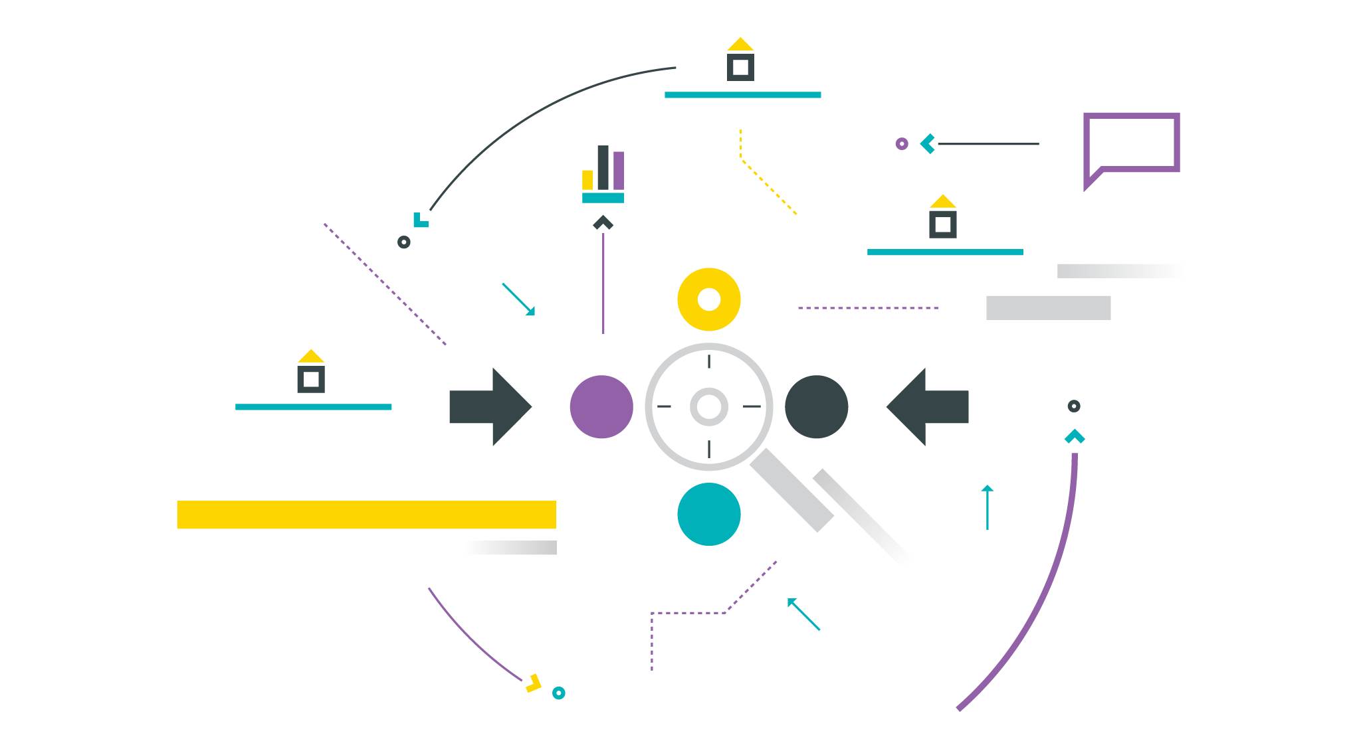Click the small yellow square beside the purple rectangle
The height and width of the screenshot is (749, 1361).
pyautogui.click(x=589, y=179)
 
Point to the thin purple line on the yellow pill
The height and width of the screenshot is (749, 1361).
pyautogui.click(x=890, y=308)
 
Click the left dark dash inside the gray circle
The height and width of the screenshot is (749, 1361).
pyautogui.click(x=673, y=406)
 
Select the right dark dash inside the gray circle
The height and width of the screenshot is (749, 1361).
pyautogui.click(x=754, y=406)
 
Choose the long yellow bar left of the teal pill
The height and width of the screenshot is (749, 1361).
pyautogui.click(x=425, y=515)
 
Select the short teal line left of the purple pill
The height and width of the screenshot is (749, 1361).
pyautogui.click(x=342, y=407)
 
